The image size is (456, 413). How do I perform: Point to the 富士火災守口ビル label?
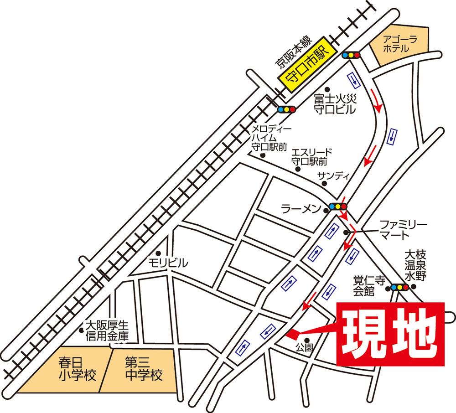pos(331,103)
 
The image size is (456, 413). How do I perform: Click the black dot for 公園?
pos(307,340)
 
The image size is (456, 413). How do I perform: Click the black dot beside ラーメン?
pos(326,211)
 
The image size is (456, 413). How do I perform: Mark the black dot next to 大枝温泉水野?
pos(414,287)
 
